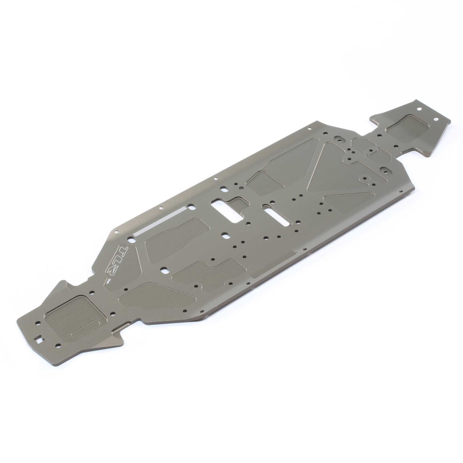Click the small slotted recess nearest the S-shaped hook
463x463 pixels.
click(x=384, y=171)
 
